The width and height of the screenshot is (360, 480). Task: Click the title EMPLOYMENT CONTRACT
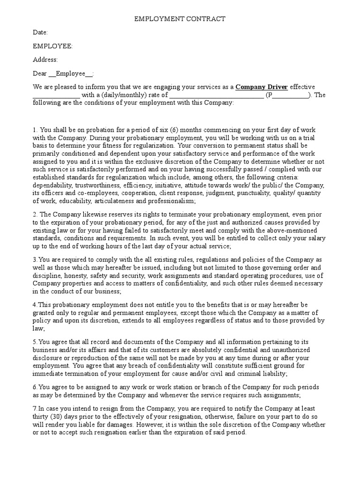pos(180,19)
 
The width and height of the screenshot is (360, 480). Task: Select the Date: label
pos(40,32)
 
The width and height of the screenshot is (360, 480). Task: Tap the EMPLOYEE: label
pos(52,46)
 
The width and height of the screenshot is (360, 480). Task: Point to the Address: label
pos(45,60)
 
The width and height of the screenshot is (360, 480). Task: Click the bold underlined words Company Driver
pos(262,87)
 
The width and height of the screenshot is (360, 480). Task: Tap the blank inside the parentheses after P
pos(290,96)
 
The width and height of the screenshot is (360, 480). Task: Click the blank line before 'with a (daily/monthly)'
pos(56,96)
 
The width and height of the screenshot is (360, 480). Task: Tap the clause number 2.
pos(34,214)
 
